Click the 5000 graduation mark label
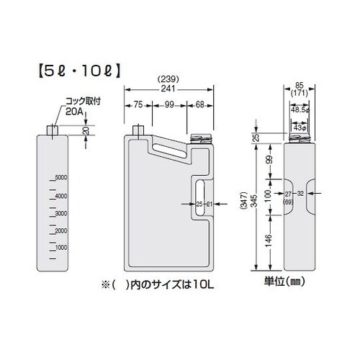point(60,177)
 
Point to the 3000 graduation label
point(60,214)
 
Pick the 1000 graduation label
point(60,247)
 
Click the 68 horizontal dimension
point(202,105)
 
